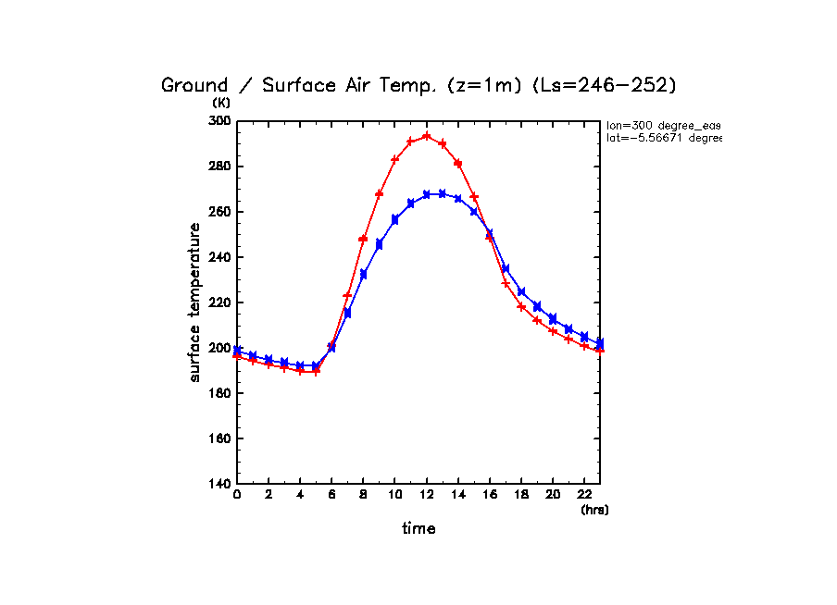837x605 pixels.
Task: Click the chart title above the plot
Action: coord(419,85)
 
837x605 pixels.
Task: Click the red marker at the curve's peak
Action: coord(426,136)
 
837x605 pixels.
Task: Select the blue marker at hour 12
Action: coord(426,194)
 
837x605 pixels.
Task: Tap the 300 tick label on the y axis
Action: coord(219,121)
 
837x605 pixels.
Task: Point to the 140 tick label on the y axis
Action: coord(219,484)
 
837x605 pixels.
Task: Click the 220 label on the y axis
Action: coord(219,302)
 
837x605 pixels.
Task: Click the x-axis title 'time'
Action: coord(418,529)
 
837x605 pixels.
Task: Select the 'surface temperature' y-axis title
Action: coord(195,302)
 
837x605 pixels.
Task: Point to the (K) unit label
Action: coord(221,103)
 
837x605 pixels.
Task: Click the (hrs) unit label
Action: coord(594,510)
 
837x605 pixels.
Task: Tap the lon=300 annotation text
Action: coord(663,125)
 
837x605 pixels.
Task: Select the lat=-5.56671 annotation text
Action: coord(663,138)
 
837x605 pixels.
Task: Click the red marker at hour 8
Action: coord(363,239)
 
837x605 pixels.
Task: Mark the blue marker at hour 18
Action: coord(521,292)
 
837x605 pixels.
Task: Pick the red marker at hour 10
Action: coord(394,159)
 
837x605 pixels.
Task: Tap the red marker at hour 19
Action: coord(537,320)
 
